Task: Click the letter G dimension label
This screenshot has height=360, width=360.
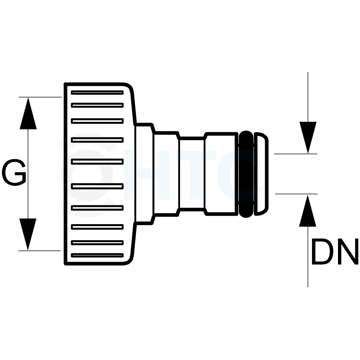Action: coord(14,173)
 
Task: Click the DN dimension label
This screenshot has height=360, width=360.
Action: coord(335,251)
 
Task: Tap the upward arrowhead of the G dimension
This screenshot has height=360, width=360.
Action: coord(28,113)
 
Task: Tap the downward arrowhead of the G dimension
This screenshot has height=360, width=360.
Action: coord(28,235)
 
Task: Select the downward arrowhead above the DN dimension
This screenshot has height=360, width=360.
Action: coord(308,138)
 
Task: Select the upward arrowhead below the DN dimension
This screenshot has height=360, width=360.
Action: coord(308,211)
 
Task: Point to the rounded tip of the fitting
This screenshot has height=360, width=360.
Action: coord(261,174)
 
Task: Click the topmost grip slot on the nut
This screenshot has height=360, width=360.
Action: coord(97,93)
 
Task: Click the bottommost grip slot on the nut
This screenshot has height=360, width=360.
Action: coord(97,255)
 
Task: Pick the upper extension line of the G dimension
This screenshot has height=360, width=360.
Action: coord(40,97)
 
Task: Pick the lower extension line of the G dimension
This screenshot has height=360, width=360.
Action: coord(40,251)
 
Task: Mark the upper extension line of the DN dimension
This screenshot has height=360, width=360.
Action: coord(296,154)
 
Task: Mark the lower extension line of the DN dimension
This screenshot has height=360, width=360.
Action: coord(296,194)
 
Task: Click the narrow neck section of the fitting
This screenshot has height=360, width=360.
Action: coord(192,174)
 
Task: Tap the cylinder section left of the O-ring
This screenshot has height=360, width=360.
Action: coord(221,174)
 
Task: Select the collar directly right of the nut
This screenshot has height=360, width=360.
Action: coord(144,174)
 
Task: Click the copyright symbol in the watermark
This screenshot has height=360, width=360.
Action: coord(87,175)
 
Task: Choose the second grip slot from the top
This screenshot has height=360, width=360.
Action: coord(97,105)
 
